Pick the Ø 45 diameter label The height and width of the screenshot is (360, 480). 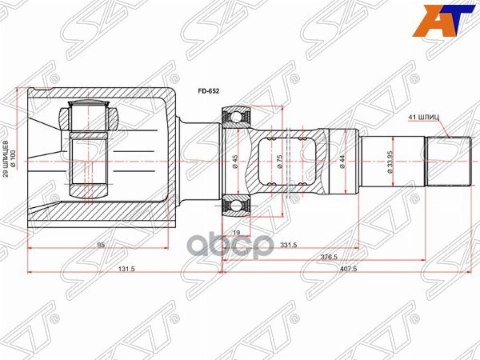click(x=234, y=161)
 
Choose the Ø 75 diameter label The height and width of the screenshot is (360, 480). click(x=277, y=161)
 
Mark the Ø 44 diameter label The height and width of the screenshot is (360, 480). click(x=342, y=161)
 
